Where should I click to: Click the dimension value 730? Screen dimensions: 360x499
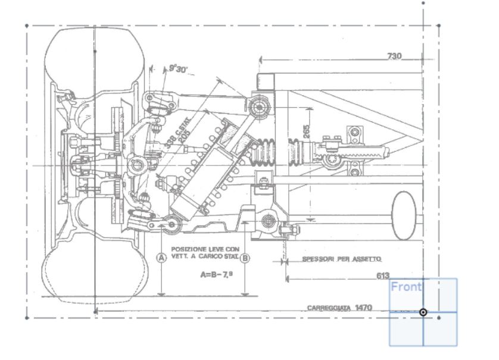pyautogui.click(x=394, y=56)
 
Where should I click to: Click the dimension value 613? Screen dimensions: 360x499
pyautogui.click(x=383, y=276)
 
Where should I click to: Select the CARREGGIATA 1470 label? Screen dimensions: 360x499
pyautogui.click(x=339, y=308)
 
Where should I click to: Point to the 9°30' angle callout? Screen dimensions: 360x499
pyautogui.click(x=177, y=69)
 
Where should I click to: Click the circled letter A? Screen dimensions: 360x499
pyautogui.click(x=160, y=258)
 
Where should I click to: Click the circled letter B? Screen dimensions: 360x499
pyautogui.click(x=245, y=258)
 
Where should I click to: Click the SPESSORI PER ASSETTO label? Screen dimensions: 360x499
pyautogui.click(x=341, y=259)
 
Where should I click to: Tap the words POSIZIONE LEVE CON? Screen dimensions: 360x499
pyautogui.click(x=204, y=249)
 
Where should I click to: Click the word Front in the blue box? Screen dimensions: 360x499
pyautogui.click(x=406, y=287)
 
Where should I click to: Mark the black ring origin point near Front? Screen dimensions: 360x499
pyautogui.click(x=423, y=312)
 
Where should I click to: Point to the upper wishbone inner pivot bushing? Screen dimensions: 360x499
pyautogui.click(x=259, y=107)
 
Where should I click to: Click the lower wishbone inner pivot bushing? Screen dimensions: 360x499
pyautogui.click(x=267, y=222)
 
